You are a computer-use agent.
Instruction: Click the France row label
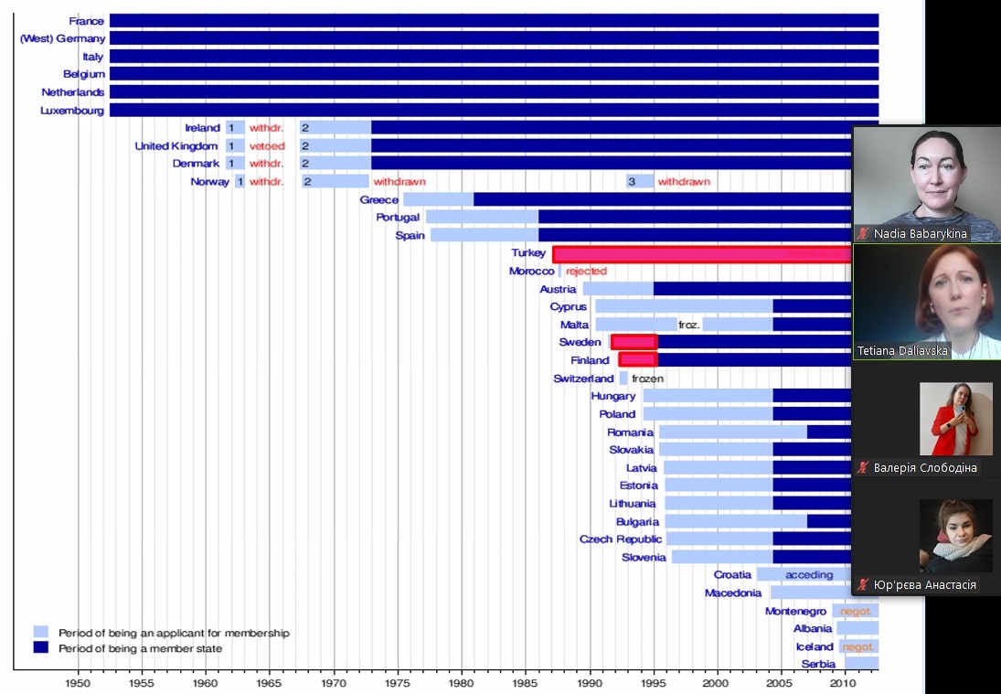click(87, 21)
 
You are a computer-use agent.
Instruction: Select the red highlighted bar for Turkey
click(701, 254)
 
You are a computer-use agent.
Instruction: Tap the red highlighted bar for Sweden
click(634, 342)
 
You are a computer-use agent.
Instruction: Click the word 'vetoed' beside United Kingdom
click(267, 146)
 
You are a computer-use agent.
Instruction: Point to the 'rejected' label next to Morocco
click(586, 272)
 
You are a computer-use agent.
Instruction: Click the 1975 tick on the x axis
click(397, 682)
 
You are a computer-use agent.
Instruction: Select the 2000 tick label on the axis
click(716, 682)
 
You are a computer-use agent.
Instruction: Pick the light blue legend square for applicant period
click(40, 632)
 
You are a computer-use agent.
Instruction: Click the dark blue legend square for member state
click(40, 647)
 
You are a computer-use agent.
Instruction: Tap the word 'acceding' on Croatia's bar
click(809, 575)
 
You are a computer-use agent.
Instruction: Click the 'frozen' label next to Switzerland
click(647, 379)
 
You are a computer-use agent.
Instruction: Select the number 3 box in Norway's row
click(632, 182)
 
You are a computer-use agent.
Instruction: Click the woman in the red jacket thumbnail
click(955, 419)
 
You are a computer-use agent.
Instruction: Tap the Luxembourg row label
click(72, 111)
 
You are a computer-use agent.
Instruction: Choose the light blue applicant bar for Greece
click(438, 199)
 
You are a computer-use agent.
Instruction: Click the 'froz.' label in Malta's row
click(689, 325)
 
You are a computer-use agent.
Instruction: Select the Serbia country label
click(818, 664)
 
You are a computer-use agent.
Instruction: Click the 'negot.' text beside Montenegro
click(857, 611)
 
